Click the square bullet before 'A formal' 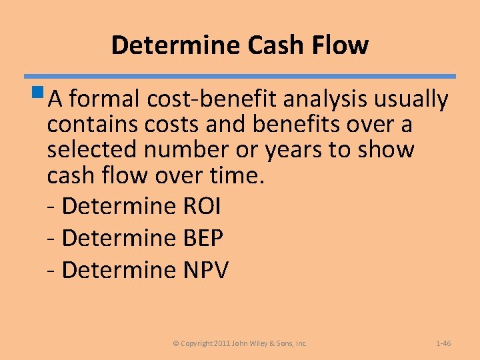(x=41, y=94)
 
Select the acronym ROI (x=201, y=207)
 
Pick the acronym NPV (x=205, y=270)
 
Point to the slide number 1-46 (x=443, y=343)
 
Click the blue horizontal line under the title (x=240, y=76)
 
